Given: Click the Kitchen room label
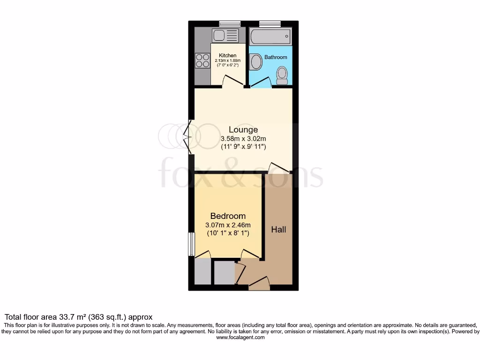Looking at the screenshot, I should pos(228,55).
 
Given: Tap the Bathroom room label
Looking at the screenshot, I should pos(276,57).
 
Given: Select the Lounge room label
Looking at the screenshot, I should pos(243,130).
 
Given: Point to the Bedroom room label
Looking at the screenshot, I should pos(228,216).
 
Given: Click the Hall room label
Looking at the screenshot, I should pos(278,230).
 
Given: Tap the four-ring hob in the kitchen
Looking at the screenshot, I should pos(202,60).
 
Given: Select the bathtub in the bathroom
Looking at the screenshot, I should pos(270,36).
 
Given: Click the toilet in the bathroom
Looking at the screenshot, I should pos(281,74).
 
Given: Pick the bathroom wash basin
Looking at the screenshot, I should pos(255,62).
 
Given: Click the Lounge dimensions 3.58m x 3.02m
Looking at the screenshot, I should pos(243,139).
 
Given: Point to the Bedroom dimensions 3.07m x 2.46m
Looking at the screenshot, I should pos(228,225).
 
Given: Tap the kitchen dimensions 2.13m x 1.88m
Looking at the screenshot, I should pos(228,60).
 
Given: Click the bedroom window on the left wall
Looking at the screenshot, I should pos(191,244).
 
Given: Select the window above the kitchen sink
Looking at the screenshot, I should pos(229,23).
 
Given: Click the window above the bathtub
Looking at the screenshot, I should pos(270,23).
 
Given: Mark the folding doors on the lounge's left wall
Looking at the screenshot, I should pos(188,137).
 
